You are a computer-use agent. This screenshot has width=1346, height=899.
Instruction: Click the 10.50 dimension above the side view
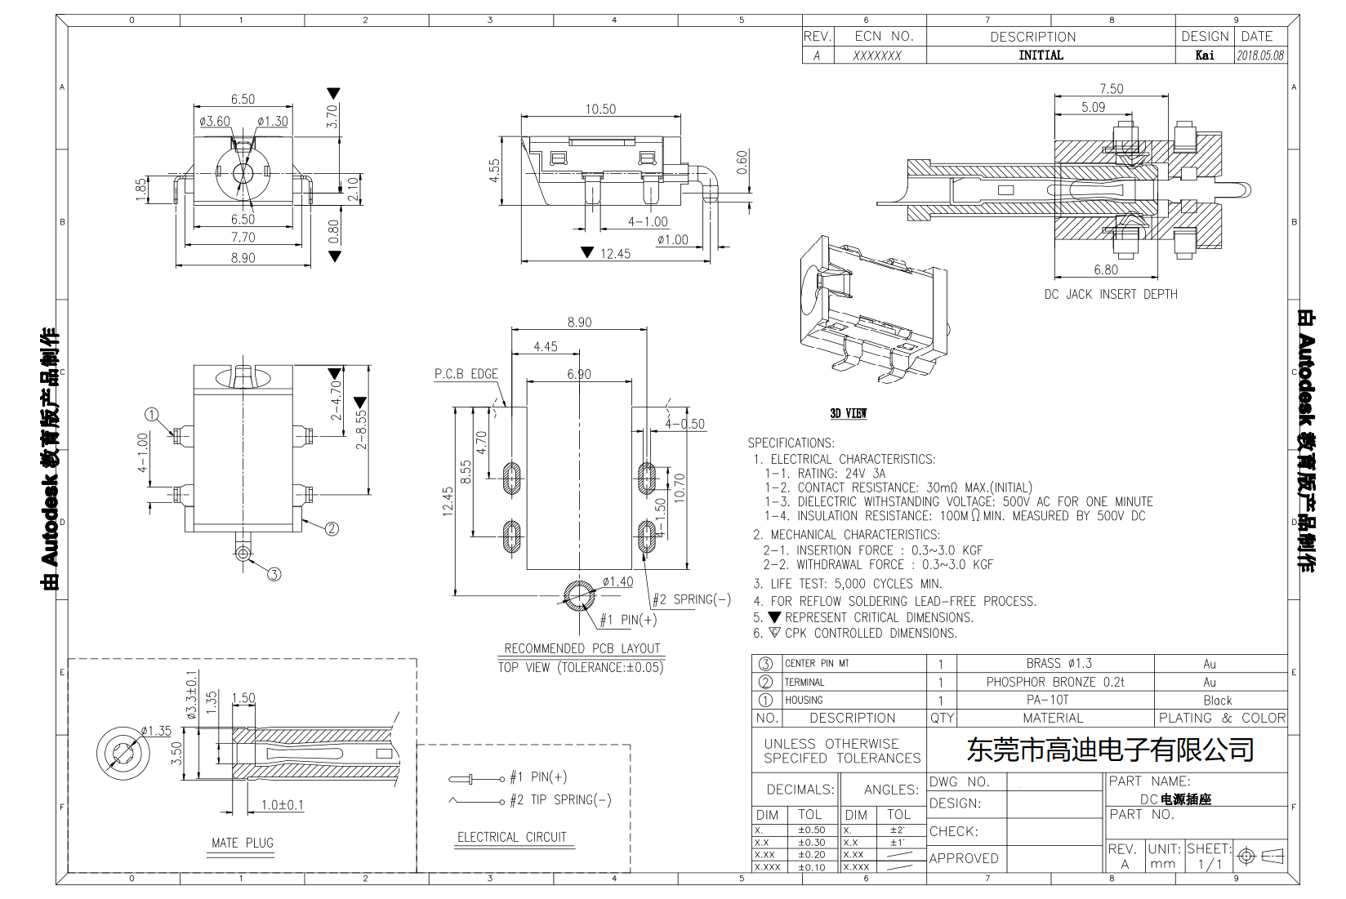[x=599, y=109]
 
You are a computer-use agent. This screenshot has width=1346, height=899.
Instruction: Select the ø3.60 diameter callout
[x=215, y=122]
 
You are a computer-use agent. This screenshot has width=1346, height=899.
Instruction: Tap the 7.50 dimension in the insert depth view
[x=1111, y=89]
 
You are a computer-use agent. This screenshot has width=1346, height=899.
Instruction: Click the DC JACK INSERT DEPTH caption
[x=1111, y=294]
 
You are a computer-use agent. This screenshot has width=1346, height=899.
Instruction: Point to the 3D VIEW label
[x=849, y=414]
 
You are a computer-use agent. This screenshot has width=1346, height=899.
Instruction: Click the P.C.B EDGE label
[x=466, y=374]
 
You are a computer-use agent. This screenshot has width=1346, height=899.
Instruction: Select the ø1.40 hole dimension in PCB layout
[x=617, y=581]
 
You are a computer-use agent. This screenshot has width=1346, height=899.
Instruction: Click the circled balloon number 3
[x=274, y=574]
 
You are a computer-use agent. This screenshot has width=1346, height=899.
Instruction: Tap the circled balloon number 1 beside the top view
[x=152, y=414]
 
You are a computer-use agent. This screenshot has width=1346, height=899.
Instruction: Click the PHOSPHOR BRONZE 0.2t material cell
[x=1054, y=682]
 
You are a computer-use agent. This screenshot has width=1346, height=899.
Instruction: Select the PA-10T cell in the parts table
[x=1054, y=700]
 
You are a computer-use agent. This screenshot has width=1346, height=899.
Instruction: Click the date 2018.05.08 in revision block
[x=1260, y=56]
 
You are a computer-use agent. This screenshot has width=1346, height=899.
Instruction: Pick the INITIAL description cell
[x=1041, y=56]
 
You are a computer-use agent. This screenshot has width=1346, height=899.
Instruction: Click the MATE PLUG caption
[x=243, y=843]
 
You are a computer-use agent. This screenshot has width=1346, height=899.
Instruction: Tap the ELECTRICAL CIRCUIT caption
[x=511, y=837]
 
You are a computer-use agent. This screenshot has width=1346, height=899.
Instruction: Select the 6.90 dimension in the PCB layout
[x=578, y=374]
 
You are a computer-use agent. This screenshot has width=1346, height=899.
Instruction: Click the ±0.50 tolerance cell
[x=811, y=830]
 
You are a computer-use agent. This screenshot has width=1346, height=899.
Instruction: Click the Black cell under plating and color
[x=1217, y=700]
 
